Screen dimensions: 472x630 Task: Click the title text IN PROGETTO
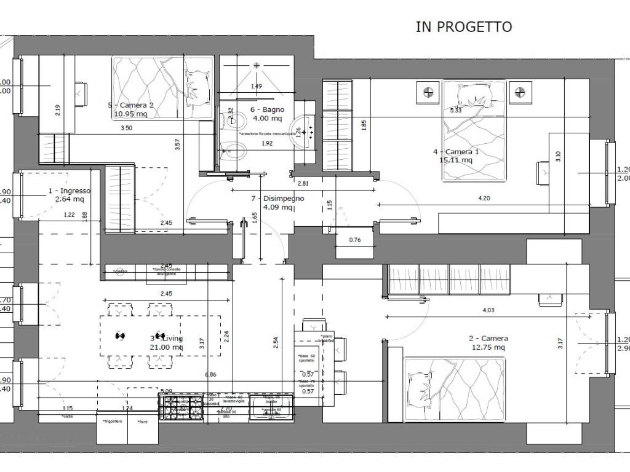point(464,26)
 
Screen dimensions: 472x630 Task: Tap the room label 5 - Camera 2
point(130,105)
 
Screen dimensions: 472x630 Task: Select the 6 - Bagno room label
point(266,109)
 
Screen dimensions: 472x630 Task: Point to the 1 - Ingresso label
point(70,191)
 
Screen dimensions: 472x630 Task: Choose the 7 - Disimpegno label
point(277,199)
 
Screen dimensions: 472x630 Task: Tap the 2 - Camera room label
point(488,339)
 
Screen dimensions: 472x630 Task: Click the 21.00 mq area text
point(166,347)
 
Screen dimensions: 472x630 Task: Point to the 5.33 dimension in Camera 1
point(455,111)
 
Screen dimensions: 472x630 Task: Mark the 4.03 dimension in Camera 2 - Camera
point(487,310)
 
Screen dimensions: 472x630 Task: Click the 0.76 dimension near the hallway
point(354,240)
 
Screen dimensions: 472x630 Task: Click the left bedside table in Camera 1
point(428,93)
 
